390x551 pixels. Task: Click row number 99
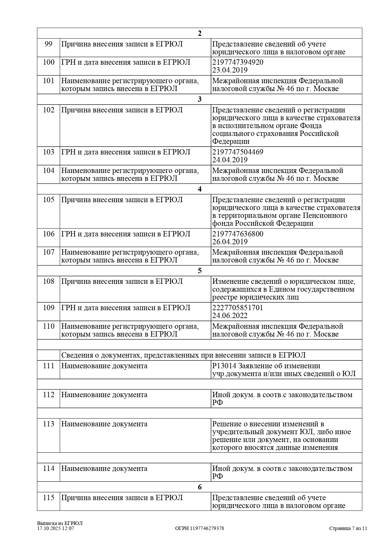48,44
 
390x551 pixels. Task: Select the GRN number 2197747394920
238,62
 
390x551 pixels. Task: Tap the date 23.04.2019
230,70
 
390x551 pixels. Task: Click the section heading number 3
199,99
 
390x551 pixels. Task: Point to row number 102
48,110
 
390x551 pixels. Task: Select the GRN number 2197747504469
238,152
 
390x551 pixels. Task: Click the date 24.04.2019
230,160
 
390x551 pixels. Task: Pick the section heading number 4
199,189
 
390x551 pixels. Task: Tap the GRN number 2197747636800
238,234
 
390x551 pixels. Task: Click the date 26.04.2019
230,242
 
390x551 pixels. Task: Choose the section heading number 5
199,271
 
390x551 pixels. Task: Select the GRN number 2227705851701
237,308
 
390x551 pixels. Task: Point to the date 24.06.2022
230,316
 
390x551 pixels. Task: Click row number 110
48,326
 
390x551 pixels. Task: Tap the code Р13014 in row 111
224,366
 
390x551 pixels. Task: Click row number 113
48,424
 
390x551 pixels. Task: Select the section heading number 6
199,487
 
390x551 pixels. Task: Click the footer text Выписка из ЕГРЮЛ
60,523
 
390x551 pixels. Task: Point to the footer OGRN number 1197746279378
207,528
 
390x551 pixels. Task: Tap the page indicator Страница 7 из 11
348,528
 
